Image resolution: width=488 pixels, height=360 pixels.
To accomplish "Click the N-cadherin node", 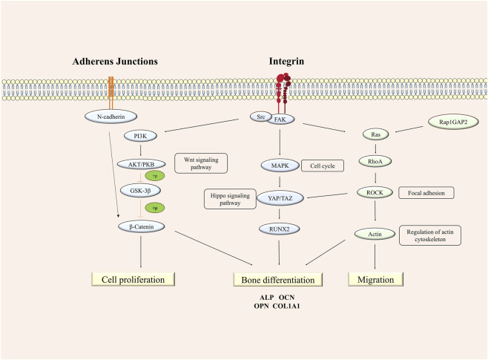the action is [111, 117].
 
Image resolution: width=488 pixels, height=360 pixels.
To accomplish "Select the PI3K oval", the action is [140, 136].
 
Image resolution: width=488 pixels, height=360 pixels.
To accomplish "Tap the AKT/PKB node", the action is [142, 164].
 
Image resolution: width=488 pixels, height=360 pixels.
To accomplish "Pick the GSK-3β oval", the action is [140, 191].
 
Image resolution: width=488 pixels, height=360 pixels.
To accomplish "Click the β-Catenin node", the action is [142, 226].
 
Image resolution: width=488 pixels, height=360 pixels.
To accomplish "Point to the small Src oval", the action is [260, 117].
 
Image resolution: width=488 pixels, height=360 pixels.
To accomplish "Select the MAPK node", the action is [280, 166].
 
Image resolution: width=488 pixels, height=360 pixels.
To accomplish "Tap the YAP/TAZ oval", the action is [280, 198].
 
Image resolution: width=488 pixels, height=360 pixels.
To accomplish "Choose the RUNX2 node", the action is [279, 229].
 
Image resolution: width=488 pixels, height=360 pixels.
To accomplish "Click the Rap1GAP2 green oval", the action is [453, 122].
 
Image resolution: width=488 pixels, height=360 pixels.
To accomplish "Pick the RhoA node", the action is [375, 161].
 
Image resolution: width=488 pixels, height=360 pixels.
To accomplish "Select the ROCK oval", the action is [375, 193].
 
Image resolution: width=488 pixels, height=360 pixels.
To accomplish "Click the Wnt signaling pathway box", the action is [201, 163].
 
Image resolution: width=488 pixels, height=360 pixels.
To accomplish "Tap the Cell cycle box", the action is [323, 166].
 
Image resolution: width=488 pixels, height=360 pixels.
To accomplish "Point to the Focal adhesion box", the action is [426, 193].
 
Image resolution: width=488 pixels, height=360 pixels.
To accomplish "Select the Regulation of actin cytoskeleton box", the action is [430, 235].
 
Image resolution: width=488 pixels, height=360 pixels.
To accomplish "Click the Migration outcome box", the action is [375, 279].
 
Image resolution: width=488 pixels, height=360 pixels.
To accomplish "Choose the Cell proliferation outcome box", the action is [133, 279].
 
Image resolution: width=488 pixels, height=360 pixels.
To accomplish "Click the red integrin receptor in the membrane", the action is [283, 94].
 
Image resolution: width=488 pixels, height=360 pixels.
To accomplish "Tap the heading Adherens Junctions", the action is [115, 62].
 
